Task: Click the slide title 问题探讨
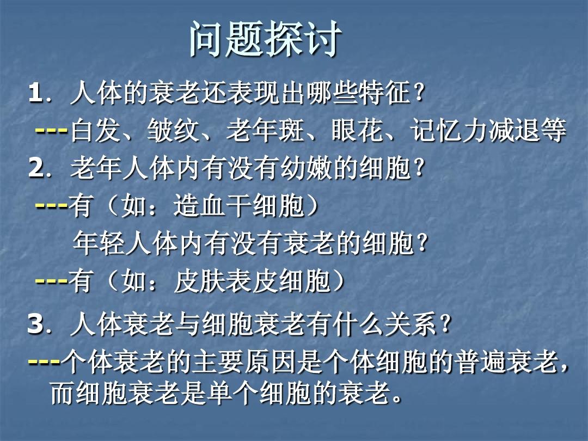click(x=266, y=40)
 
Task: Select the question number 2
click(x=35, y=170)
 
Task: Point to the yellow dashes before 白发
click(x=52, y=132)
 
